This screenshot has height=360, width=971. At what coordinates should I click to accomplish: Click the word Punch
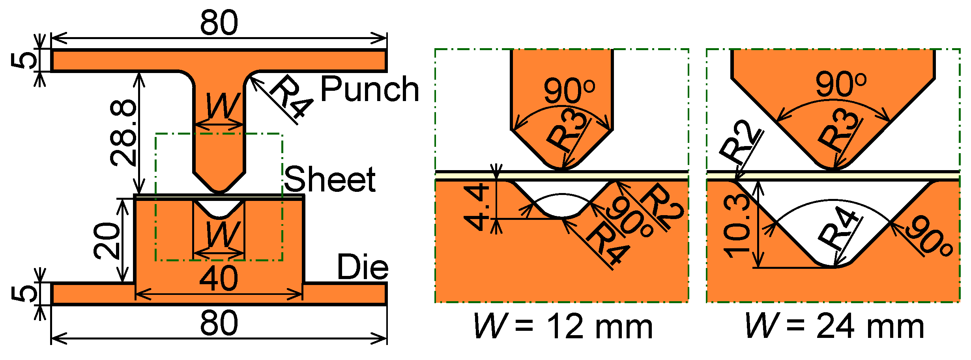pyautogui.click(x=369, y=89)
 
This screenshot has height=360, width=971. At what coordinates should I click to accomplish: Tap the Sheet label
pyautogui.click(x=329, y=179)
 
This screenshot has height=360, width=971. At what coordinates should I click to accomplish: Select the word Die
pyautogui.click(x=363, y=267)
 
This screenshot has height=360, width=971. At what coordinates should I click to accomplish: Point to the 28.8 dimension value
pyautogui.click(x=123, y=133)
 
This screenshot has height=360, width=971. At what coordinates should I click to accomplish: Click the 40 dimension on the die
pyautogui.click(x=219, y=278)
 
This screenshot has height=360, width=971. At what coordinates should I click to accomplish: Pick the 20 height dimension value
pyautogui.click(x=107, y=240)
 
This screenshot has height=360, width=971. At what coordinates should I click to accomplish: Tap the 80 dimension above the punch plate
pyautogui.click(x=219, y=22)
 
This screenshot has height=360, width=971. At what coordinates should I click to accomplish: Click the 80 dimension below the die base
pyautogui.click(x=219, y=323)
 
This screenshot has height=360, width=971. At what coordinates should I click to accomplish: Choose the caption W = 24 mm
pyautogui.click(x=834, y=326)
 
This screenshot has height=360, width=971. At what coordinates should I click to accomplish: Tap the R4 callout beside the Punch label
pyautogui.click(x=291, y=97)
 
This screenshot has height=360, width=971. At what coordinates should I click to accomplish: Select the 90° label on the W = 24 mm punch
pyautogui.click(x=841, y=84)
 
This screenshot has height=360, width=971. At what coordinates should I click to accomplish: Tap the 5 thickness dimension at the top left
pyautogui.click(x=24, y=60)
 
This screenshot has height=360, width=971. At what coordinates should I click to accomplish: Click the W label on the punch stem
pyautogui.click(x=223, y=106)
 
